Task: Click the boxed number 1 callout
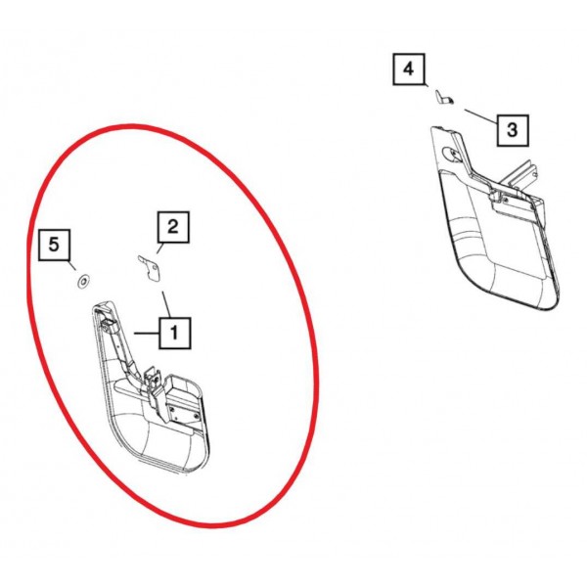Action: [175, 333]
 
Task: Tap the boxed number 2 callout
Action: [173, 227]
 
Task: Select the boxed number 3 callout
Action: [513, 130]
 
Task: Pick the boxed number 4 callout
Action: [408, 69]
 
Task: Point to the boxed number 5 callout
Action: [54, 245]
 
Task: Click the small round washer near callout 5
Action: [83, 281]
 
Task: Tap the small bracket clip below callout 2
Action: [150, 268]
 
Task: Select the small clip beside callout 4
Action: [444, 97]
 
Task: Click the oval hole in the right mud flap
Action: [450, 154]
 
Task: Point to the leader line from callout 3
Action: [480, 116]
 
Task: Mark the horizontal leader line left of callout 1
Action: [147, 333]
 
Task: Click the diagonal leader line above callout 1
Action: [166, 304]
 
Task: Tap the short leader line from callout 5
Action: [72, 265]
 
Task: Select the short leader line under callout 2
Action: [159, 248]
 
